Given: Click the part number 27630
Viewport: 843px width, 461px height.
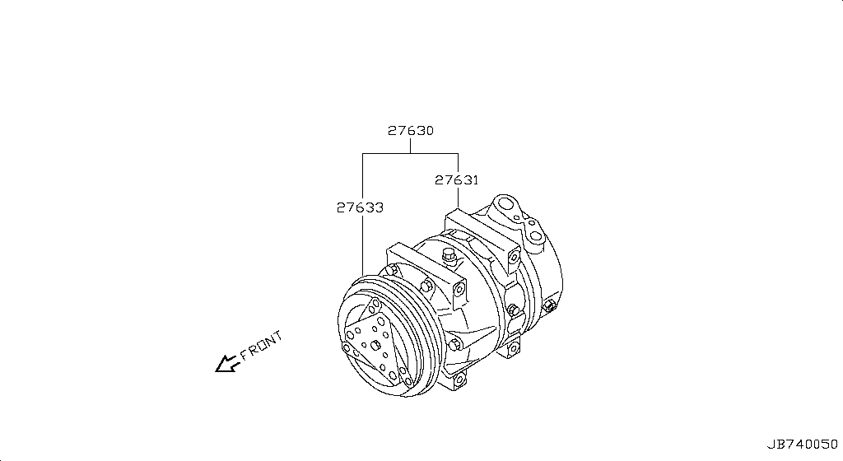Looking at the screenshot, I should pyautogui.click(x=411, y=131).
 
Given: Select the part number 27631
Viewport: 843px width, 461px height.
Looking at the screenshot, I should pyautogui.click(x=457, y=179).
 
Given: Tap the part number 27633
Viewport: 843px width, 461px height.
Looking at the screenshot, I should pyautogui.click(x=360, y=208).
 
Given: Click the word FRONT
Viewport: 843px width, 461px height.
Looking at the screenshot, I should pyautogui.click(x=261, y=347).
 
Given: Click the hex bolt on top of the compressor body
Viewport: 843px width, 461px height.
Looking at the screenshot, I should pyautogui.click(x=449, y=255).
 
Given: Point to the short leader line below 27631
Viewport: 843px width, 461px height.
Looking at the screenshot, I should pyautogui.click(x=458, y=198).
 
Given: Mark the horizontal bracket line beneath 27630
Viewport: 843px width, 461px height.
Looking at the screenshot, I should pyautogui.click(x=410, y=153).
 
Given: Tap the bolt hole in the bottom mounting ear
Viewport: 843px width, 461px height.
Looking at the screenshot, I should pyautogui.click(x=459, y=379).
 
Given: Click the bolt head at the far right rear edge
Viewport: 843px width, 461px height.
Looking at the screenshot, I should pyautogui.click(x=549, y=310).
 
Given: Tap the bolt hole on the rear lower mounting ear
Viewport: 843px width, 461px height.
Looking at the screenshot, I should pyautogui.click(x=515, y=349).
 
